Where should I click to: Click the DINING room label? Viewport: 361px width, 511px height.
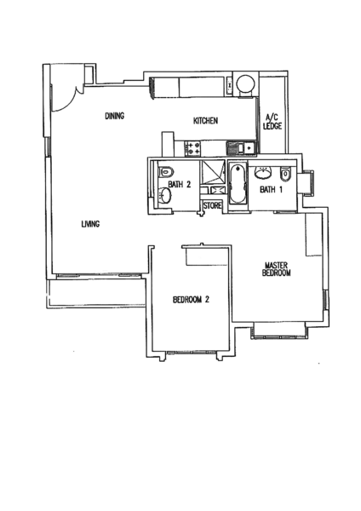click(115, 116)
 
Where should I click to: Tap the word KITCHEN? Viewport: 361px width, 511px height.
click(205, 121)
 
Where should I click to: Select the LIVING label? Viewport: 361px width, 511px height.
click(90, 224)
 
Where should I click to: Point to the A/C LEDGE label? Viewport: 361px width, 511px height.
click(272, 122)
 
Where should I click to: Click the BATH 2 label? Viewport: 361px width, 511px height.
click(179, 185)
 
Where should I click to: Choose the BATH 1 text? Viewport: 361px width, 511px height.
click(271, 189)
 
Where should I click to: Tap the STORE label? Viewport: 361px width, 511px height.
click(213, 206)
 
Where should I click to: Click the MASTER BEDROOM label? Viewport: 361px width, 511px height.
click(277, 269)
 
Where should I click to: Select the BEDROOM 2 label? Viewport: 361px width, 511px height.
click(191, 299)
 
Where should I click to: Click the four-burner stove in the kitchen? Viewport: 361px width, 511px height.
click(192, 148)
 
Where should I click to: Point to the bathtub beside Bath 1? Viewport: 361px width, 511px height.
click(238, 185)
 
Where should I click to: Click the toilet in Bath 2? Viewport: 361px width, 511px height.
click(165, 172)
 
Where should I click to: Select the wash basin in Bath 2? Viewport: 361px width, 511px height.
click(165, 196)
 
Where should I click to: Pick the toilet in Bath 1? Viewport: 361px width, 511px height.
click(285, 174)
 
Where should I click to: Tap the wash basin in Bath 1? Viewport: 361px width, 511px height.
click(263, 173)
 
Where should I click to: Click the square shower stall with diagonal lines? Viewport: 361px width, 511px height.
click(213, 173)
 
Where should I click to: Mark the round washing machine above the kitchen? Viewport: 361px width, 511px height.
click(246, 84)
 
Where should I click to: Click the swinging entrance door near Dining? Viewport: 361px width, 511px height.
click(66, 98)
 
